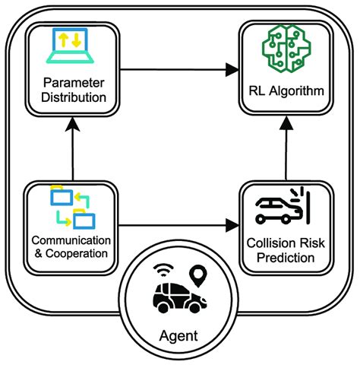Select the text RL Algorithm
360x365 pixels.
pyautogui.click(x=287, y=92)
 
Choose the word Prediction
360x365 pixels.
pyautogui.click(x=286, y=259)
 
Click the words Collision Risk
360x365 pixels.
pyautogui.click(x=286, y=244)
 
